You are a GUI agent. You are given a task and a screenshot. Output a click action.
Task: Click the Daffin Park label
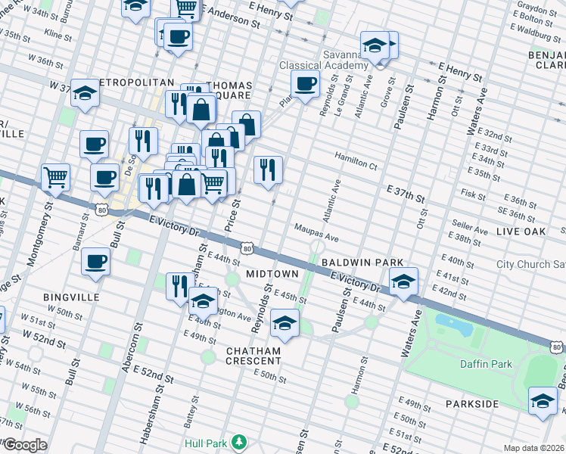[485, 364]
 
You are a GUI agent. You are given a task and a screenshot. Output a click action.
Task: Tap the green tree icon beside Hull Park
[240, 441]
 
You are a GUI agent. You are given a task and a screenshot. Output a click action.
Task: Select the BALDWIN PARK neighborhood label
[362, 262]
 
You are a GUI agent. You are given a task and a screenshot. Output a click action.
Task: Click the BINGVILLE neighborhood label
[72, 297]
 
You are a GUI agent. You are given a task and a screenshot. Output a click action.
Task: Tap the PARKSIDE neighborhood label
[471, 404]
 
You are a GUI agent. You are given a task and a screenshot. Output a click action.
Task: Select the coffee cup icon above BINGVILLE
[95, 261]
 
